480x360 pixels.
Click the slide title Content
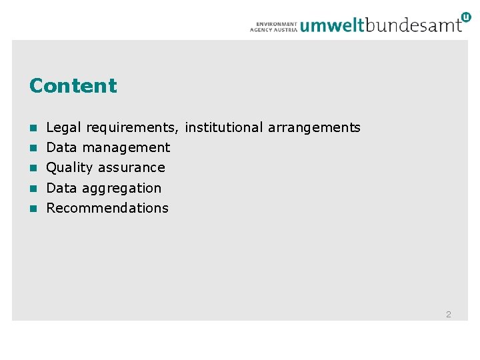click(73, 86)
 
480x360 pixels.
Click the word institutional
click(224, 127)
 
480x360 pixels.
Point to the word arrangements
click(314, 127)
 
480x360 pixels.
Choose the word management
click(126, 147)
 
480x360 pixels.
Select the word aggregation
click(121, 189)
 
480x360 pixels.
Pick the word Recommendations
click(107, 208)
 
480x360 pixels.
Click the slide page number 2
click(449, 314)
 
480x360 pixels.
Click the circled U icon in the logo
click(465, 17)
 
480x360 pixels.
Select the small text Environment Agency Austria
click(273, 26)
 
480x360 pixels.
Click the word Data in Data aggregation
click(61, 188)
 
